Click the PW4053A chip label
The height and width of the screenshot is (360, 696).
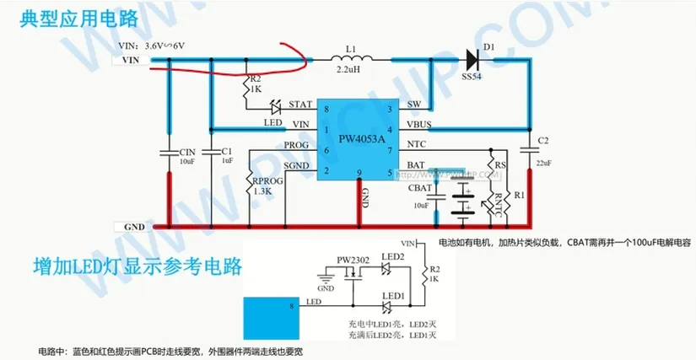click(361, 137)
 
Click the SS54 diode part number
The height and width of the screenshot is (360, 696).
click(472, 76)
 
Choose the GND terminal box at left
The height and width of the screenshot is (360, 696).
click(130, 227)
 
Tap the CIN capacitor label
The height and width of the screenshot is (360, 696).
click(187, 152)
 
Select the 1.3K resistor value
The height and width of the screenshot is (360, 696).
click(263, 191)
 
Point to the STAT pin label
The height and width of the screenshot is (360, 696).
click(300, 105)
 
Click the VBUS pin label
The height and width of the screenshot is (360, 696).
click(419, 125)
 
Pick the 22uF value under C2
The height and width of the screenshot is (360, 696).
click(543, 163)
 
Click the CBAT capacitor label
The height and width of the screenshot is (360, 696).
click(419, 188)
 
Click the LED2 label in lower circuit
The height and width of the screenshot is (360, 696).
click(392, 257)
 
